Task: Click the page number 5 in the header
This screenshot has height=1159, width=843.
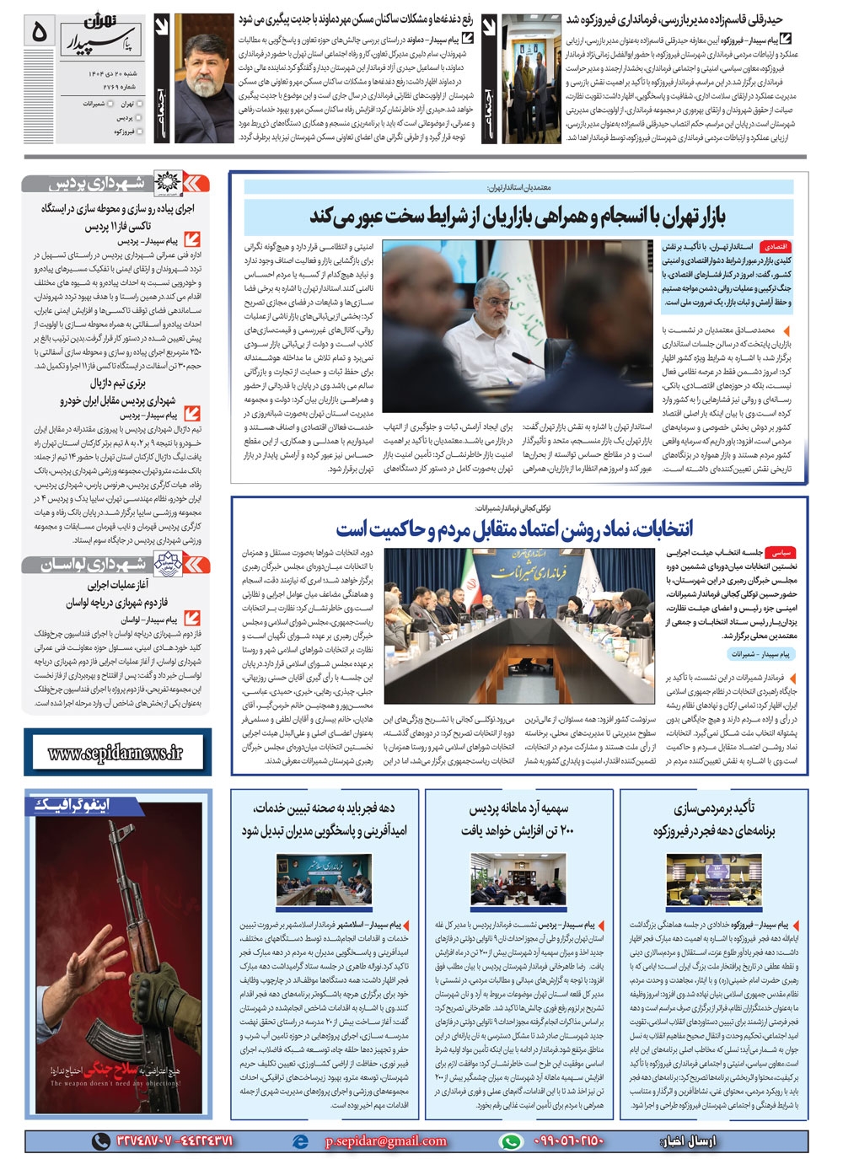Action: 40,32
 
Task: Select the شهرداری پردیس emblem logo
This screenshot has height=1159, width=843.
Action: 191,184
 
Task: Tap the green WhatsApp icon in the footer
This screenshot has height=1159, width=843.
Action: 510,1141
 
